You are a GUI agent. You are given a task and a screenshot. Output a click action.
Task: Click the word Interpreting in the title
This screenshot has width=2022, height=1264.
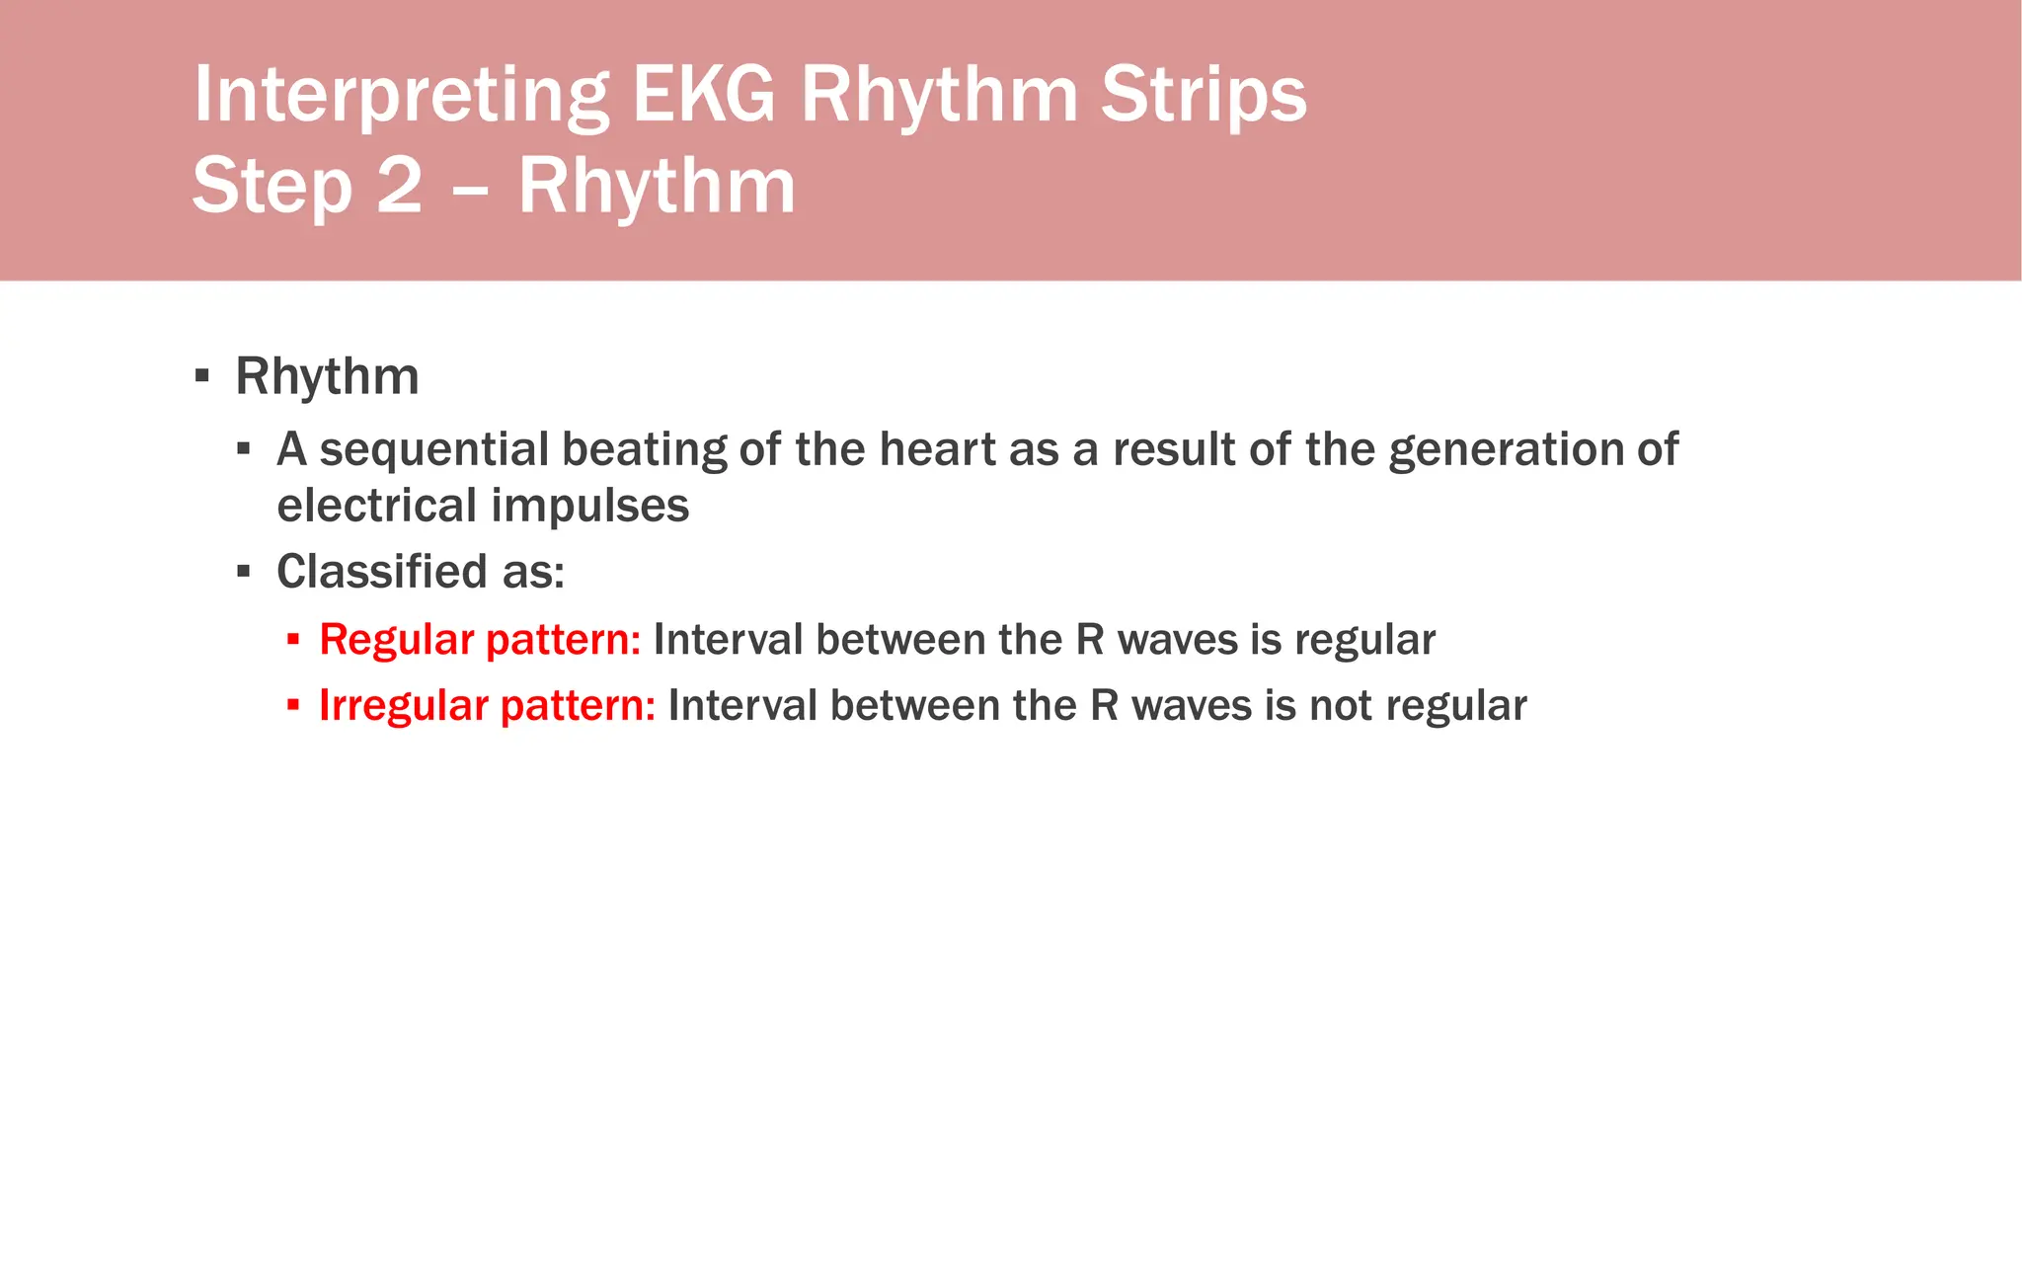point(401,96)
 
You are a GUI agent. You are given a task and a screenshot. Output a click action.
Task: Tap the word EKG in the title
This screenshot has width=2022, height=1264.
point(703,96)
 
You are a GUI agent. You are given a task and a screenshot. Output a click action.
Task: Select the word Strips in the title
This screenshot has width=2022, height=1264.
point(1204,96)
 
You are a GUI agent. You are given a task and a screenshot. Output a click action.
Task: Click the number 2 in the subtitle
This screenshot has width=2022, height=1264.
point(399,186)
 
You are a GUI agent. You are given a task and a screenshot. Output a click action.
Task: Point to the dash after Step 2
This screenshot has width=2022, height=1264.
point(470,188)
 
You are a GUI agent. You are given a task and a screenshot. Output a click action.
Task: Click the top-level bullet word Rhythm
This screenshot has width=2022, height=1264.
point(327,376)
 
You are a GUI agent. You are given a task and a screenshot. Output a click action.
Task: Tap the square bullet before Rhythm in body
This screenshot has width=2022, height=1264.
point(202,375)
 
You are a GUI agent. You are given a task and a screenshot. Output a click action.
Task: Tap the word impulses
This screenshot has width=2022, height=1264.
point(589,506)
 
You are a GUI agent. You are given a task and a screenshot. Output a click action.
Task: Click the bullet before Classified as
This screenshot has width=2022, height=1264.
point(244,572)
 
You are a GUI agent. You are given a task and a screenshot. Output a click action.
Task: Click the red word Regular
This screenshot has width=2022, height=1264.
point(396,640)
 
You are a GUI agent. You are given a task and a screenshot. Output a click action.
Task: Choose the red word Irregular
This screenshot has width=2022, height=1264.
point(403,706)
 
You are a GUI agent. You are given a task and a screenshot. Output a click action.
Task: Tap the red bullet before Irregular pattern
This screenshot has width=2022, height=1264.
point(293,705)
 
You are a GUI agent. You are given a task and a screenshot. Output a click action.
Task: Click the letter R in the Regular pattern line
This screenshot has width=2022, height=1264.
point(1089,640)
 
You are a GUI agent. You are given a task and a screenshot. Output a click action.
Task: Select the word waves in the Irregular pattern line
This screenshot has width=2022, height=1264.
point(1192,706)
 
